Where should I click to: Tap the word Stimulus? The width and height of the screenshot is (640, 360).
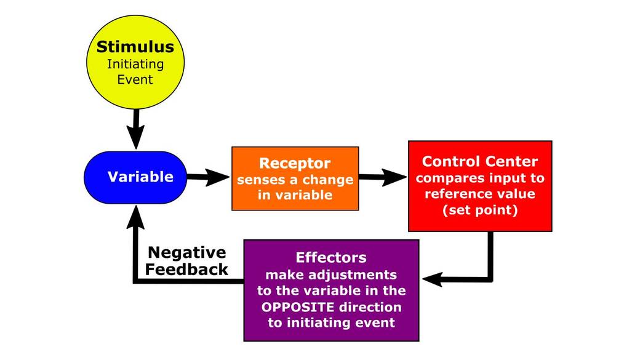pyautogui.click(x=135, y=47)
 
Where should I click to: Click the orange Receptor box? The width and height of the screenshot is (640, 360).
pyautogui.click(x=295, y=179)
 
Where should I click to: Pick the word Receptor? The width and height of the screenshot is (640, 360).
pyautogui.click(x=295, y=164)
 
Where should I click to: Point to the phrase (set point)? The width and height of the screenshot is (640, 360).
pyautogui.click(x=480, y=210)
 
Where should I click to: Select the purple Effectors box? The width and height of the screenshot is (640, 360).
pyautogui.click(x=331, y=290)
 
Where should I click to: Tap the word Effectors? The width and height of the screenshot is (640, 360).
pyautogui.click(x=331, y=257)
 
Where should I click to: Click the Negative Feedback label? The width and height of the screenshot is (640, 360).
pyautogui.click(x=188, y=261)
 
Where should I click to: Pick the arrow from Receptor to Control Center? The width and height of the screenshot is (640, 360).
pyautogui.click(x=382, y=177)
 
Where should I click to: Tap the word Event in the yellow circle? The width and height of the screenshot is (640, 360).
pyautogui.click(x=135, y=79)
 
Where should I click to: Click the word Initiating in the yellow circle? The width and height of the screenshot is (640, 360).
pyautogui.click(x=135, y=64)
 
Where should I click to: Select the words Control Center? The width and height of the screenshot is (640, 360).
pyautogui.click(x=480, y=162)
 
